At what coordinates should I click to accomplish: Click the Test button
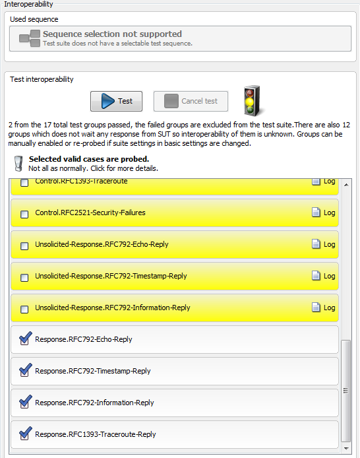pyautogui.click(x=116, y=101)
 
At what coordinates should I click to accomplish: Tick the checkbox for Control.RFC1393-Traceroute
pyautogui.click(x=24, y=182)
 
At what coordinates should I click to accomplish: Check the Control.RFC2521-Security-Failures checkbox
pyautogui.click(x=24, y=214)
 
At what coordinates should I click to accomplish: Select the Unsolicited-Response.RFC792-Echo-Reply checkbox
pyautogui.click(x=24, y=245)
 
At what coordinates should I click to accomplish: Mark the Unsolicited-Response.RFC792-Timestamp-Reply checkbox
pyautogui.click(x=24, y=277)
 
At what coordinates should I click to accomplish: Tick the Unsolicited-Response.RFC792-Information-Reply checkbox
pyautogui.click(x=24, y=309)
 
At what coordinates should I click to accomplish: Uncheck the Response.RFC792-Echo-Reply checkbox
pyautogui.click(x=25, y=339)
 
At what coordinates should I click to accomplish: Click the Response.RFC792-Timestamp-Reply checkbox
pyautogui.click(x=25, y=371)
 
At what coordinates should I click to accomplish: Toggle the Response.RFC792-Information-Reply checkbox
pyautogui.click(x=25, y=403)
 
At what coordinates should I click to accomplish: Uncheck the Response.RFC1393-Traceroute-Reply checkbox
pyautogui.click(x=25, y=434)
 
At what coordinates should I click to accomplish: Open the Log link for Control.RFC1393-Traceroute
pyautogui.click(x=324, y=181)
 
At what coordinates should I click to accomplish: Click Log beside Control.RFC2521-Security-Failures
pyautogui.click(x=324, y=213)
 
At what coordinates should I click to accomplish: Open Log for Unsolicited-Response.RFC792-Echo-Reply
pyautogui.click(x=324, y=244)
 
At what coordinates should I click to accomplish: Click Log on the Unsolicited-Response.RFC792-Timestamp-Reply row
pyautogui.click(x=324, y=276)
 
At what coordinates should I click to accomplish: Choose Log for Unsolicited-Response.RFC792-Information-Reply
pyautogui.click(x=324, y=308)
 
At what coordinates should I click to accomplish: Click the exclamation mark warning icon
pyautogui.click(x=18, y=163)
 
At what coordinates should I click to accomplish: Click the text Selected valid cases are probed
pyautogui.click(x=88, y=159)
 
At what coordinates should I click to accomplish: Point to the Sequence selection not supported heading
pyautogui.click(x=112, y=34)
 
